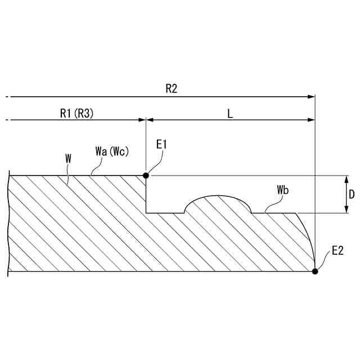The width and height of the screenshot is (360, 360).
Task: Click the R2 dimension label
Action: [172, 89]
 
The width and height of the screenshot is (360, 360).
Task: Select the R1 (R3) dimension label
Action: [76, 113]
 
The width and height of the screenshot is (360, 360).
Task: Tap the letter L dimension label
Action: [230, 114]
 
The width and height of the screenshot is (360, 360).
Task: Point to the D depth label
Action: [352, 195]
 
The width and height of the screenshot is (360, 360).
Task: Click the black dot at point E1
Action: [146, 175]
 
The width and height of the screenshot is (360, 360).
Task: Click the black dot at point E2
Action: [315, 271]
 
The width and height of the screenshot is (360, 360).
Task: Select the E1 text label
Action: [161, 145]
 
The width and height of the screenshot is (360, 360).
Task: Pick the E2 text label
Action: [337, 251]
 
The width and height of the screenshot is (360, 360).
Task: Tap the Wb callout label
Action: [282, 190]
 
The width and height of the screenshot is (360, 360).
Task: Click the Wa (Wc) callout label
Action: [112, 151]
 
